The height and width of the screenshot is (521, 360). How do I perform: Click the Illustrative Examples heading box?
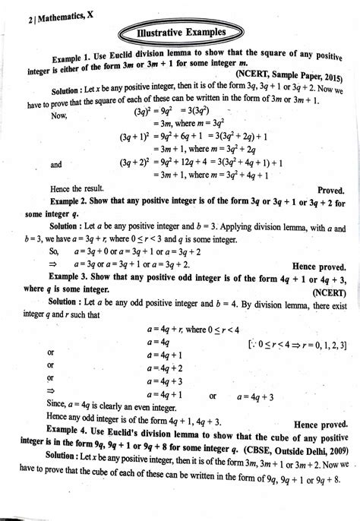180,34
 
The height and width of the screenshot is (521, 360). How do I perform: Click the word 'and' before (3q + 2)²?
56,163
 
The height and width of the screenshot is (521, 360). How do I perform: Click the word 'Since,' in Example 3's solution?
58,406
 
